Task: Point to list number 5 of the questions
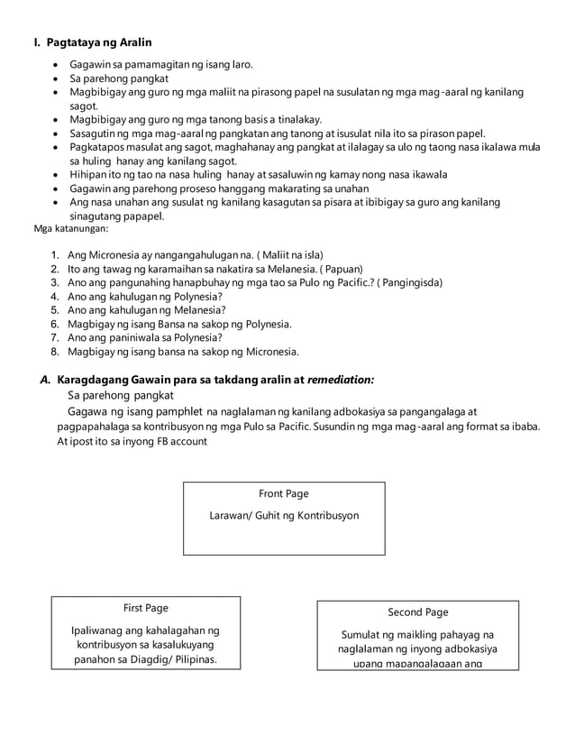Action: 55,309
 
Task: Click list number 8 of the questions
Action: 55,351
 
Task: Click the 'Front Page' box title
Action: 284,493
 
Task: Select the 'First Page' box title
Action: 145,608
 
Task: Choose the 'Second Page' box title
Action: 417,612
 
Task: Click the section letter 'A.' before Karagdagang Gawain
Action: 46,381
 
